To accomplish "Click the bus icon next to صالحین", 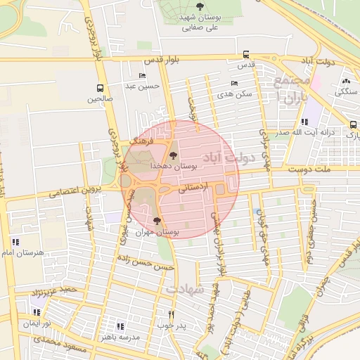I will [x=100, y=89].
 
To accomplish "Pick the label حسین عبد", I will [x=144, y=86].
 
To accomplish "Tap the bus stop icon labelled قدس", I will [x=245, y=54].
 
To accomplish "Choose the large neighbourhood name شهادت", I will [x=184, y=288].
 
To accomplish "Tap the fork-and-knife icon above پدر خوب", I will [x=171, y=314].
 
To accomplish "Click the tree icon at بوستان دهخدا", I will [x=173, y=155].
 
